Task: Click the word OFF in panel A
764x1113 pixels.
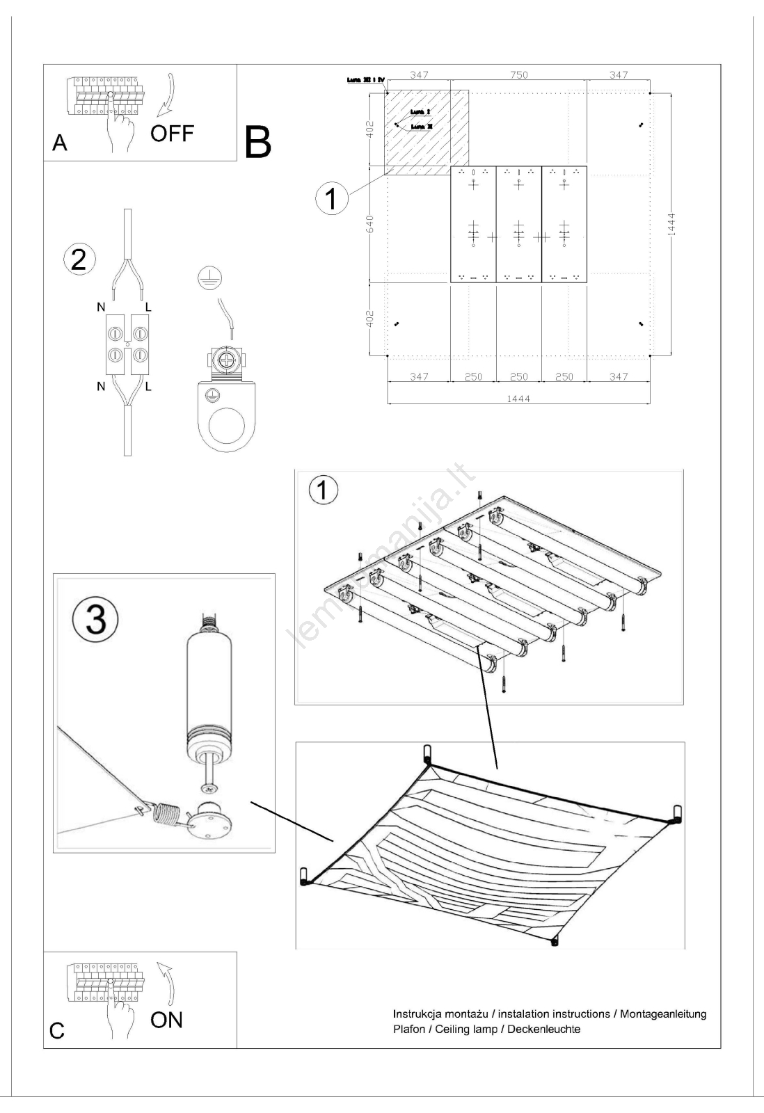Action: point(172,133)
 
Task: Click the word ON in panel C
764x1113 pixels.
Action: point(166,1020)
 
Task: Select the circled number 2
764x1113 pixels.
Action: point(79,259)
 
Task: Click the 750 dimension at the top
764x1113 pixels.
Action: point(518,75)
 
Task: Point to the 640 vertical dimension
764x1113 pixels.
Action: point(370,224)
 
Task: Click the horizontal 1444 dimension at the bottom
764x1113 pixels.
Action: point(518,399)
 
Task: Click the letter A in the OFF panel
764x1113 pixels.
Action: point(61,143)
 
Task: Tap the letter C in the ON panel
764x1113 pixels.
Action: point(57,1031)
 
